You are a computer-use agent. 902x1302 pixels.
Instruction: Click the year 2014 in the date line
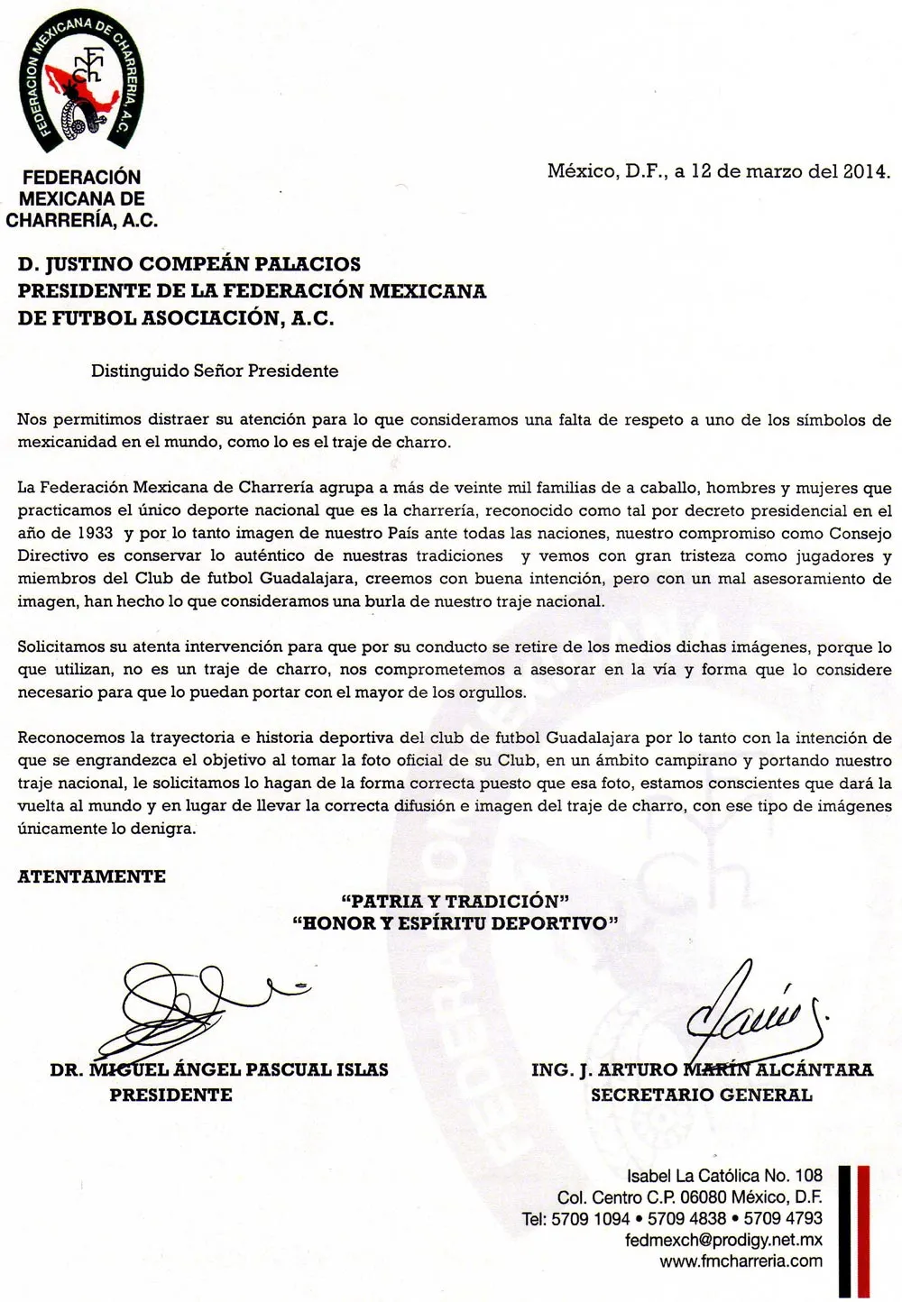(866, 171)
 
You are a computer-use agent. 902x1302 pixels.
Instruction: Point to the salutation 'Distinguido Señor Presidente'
(215, 371)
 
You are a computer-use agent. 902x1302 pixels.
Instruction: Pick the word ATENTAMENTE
(92, 876)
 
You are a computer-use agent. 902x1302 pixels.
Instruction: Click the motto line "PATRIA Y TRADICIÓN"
(456, 901)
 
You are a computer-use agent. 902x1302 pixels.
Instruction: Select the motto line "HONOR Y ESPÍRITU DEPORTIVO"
(456, 923)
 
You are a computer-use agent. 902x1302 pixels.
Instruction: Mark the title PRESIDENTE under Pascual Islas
(171, 1095)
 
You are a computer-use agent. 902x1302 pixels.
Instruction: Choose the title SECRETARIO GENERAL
(702, 1095)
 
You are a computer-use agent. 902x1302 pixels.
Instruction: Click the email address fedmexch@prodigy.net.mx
(723, 1240)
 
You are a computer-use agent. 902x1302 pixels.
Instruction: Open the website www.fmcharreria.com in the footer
(741, 1261)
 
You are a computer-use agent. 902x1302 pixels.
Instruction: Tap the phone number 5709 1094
(591, 1218)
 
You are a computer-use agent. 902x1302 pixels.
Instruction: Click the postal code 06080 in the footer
(703, 1197)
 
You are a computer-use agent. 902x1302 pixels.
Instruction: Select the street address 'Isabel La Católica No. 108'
(724, 1176)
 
